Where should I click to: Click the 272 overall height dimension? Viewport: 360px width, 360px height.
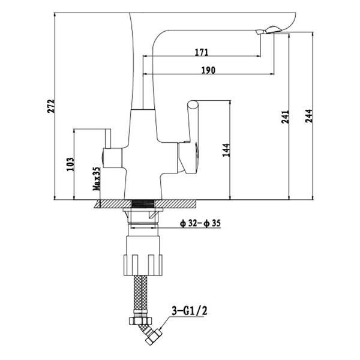click(51, 106)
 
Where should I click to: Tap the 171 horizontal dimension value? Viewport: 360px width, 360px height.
click(202, 52)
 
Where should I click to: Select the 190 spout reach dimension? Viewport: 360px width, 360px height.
click(208, 70)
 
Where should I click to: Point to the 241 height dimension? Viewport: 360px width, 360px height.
click(285, 117)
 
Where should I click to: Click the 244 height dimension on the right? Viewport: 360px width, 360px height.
click(308, 116)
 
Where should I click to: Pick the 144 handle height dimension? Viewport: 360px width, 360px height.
click(226, 150)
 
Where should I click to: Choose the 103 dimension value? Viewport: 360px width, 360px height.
click(70, 164)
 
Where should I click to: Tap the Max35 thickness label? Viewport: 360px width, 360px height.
click(97, 178)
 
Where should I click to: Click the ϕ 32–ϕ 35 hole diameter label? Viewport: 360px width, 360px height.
click(200, 223)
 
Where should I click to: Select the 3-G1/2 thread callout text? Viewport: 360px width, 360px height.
click(190, 311)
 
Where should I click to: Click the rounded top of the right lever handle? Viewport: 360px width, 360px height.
click(193, 104)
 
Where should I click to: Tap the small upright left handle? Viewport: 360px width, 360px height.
click(107, 139)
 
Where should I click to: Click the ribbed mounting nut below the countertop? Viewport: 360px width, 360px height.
click(143, 265)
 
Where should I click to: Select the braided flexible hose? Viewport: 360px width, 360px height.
click(140, 294)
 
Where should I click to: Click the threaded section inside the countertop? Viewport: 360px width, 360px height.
click(143, 204)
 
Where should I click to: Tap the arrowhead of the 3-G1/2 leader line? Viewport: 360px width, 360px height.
click(160, 328)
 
